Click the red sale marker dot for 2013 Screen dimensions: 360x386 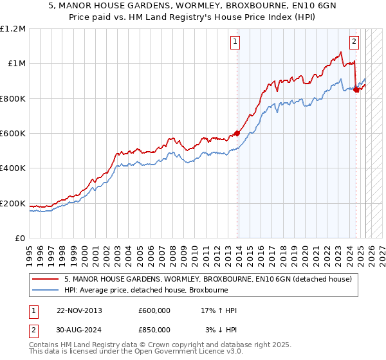pos(237,134)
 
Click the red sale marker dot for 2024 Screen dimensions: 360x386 pos(356,90)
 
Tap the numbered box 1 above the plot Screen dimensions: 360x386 pos(235,42)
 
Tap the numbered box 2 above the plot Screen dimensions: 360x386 pos(354,42)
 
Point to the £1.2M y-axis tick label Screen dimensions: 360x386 pos(13,29)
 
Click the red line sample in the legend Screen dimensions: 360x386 pos(46,280)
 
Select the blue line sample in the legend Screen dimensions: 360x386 pos(46,290)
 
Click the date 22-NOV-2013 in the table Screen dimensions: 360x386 pos(79,310)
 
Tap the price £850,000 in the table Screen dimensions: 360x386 pos(154,330)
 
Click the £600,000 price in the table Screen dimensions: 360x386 pos(154,310)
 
